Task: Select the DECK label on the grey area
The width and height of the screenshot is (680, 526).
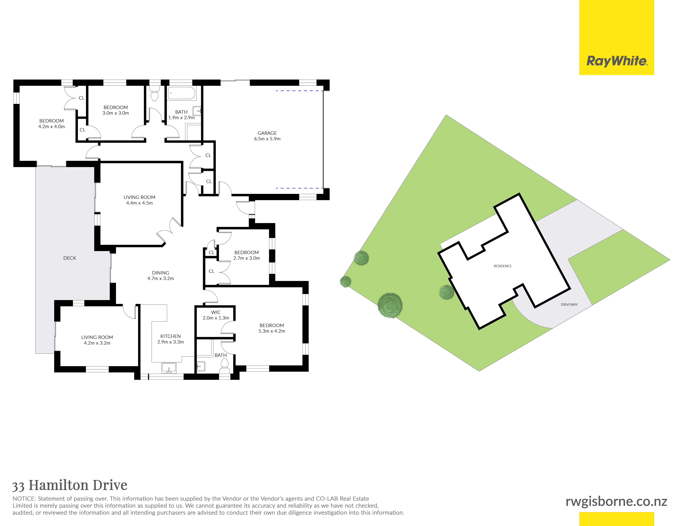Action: click(70, 258)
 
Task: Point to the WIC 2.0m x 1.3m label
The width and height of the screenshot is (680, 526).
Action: click(216, 315)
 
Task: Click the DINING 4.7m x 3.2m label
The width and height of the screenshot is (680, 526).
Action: click(161, 275)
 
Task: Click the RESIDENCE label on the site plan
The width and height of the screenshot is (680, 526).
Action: click(503, 266)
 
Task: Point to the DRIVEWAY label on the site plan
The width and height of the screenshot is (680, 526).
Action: click(569, 304)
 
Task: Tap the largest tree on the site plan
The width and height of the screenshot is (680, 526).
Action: click(390, 305)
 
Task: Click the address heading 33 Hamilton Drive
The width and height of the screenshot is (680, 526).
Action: click(70, 485)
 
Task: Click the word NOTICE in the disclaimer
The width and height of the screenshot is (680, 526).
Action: click(24, 499)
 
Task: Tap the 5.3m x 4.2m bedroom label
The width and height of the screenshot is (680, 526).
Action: click(272, 328)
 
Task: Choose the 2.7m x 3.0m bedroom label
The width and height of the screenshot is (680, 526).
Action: click(247, 255)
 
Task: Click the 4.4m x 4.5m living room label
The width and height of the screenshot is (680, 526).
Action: click(139, 200)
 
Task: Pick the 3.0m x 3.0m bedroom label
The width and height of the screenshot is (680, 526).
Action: click(116, 110)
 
